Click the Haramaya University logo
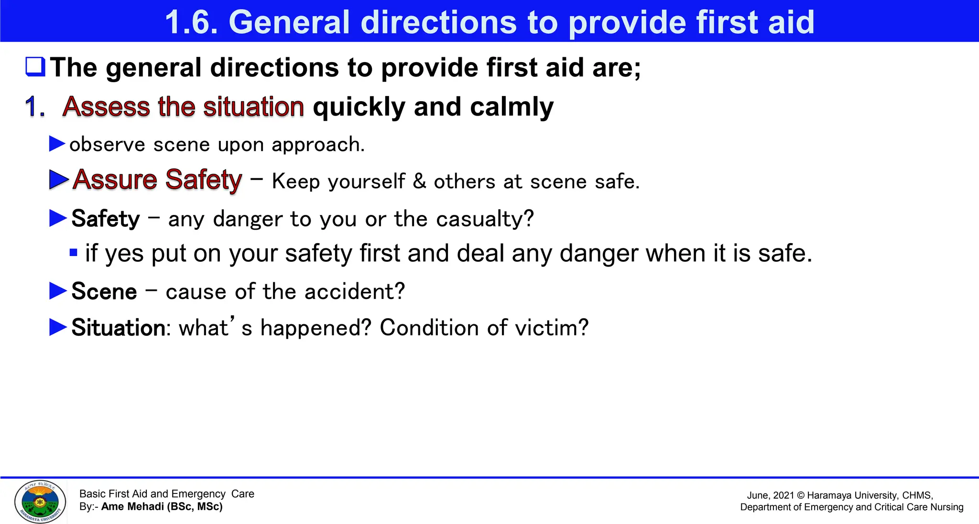pyautogui.click(x=40, y=502)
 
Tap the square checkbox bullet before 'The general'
pyautogui.click(x=35, y=67)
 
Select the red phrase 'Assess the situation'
pyautogui.click(x=183, y=106)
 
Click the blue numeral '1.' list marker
pyautogui.click(x=34, y=107)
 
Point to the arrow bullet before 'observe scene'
pyautogui.click(x=57, y=143)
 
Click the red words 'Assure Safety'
pyautogui.click(x=157, y=180)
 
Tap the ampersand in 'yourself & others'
pyautogui.click(x=419, y=182)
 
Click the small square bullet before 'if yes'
pyautogui.click(x=73, y=253)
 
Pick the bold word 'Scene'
pyautogui.click(x=104, y=291)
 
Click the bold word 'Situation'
pyautogui.click(x=118, y=328)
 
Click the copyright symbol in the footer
pyautogui.click(x=801, y=495)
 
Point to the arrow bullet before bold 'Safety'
pyautogui.click(x=58, y=218)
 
